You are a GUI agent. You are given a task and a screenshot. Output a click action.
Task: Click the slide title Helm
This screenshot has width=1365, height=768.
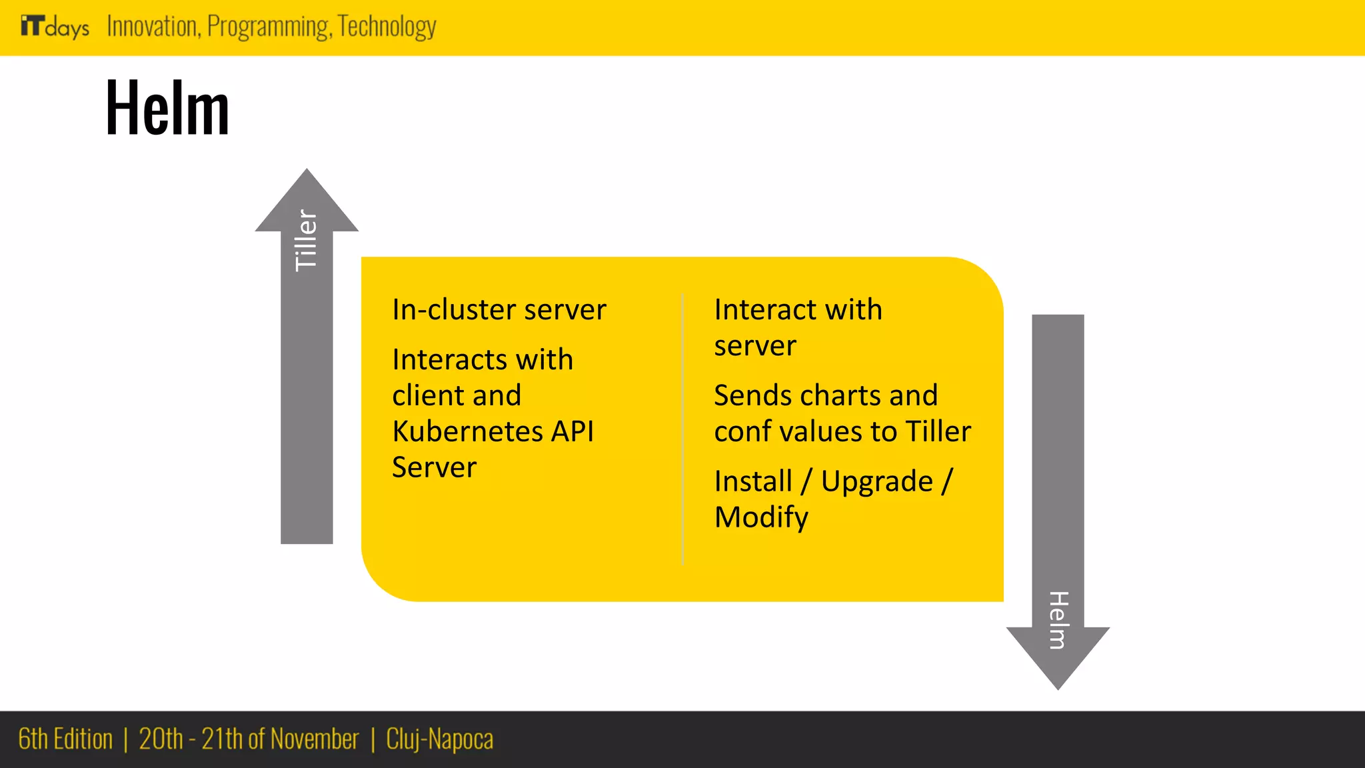coord(167,107)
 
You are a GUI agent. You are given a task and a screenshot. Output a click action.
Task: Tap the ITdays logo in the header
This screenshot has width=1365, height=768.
coord(55,27)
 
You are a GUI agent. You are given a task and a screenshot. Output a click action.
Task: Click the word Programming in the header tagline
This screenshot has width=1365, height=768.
coord(269,27)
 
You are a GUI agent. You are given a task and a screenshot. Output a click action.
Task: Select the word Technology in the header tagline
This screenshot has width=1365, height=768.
coord(387,27)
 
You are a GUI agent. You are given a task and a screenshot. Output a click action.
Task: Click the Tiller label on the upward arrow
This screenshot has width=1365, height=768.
coord(306,240)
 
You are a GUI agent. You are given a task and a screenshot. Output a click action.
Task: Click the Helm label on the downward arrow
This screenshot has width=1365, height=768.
coord(1058,620)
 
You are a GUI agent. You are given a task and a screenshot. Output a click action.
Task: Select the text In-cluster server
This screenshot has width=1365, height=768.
coord(499,310)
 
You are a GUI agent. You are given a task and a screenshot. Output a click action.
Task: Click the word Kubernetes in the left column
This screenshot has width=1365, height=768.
coord(467,431)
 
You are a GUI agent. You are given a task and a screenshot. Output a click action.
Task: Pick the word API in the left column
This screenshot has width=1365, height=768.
coord(572,431)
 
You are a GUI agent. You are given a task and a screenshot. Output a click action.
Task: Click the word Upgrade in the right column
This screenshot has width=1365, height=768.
coord(876,481)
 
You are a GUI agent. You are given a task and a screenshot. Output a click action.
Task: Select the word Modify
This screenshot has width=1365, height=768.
coord(761,517)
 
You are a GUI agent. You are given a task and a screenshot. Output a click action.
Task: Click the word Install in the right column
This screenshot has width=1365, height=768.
coord(753,481)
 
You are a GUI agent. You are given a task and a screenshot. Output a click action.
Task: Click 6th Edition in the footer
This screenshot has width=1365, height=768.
coord(65,739)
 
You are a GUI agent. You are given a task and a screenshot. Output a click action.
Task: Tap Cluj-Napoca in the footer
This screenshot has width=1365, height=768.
coord(440,739)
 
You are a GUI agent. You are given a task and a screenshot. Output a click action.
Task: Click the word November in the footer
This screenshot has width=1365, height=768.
coord(314,739)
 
